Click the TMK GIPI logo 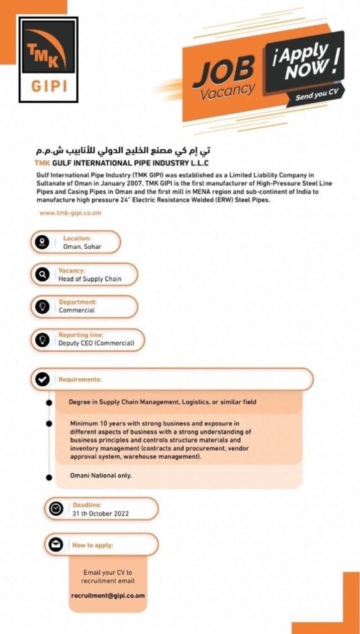click(48, 59)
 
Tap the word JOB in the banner click(222, 71)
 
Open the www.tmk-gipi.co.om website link click(70, 212)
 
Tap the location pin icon click(42, 242)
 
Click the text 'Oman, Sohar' click(82, 246)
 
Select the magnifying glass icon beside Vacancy click(42, 274)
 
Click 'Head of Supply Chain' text click(90, 279)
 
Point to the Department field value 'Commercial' click(77, 310)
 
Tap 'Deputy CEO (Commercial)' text click(96, 342)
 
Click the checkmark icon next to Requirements click(42, 380)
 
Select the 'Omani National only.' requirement click(100, 475)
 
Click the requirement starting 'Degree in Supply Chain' click(162, 402)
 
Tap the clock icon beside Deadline click(56, 509)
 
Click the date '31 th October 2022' click(100, 513)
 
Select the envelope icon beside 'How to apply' click(56, 545)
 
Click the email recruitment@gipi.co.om click(108, 595)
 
